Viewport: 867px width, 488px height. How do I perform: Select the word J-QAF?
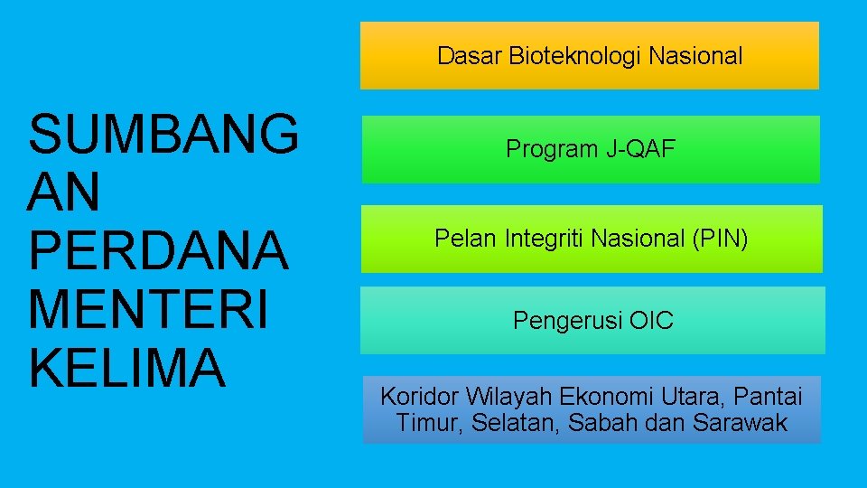[x=640, y=149]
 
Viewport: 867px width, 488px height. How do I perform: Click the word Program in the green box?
[x=551, y=149]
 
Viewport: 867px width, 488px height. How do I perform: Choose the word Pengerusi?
[x=567, y=321]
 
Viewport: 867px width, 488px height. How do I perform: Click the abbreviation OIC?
[x=651, y=321]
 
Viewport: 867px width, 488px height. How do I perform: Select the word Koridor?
[x=420, y=396]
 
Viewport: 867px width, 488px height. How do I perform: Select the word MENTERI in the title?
[x=148, y=309]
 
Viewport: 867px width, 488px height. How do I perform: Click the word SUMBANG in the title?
[x=163, y=133]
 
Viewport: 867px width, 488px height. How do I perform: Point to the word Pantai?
[x=768, y=396]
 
